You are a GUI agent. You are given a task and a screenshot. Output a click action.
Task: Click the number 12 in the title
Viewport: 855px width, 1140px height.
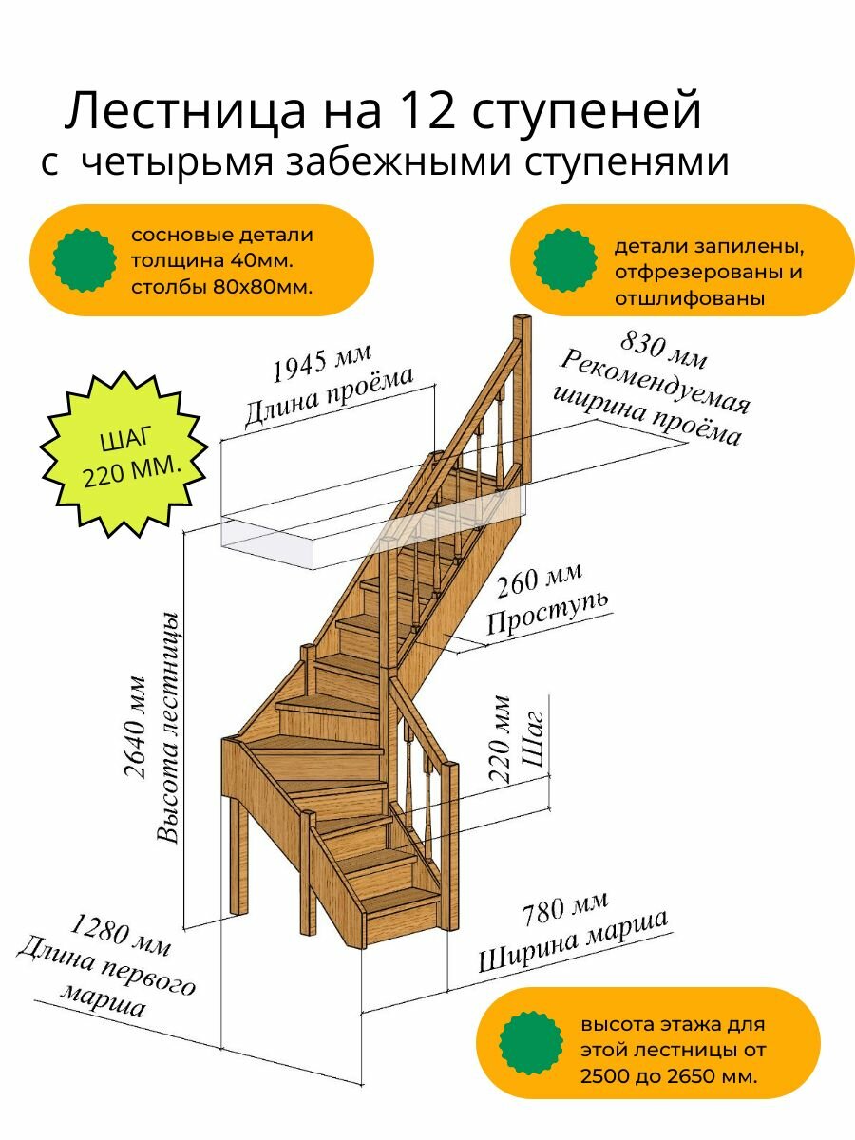(425, 111)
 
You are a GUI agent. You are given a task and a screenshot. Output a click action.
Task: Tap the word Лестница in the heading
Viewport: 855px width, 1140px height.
(179, 111)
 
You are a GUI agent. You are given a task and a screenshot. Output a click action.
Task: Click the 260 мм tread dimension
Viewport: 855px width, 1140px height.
(538, 581)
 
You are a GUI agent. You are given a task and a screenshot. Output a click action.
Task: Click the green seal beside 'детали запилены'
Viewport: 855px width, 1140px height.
(564, 260)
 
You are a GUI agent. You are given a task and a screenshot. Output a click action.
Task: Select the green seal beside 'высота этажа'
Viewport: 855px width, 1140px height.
(531, 1043)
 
